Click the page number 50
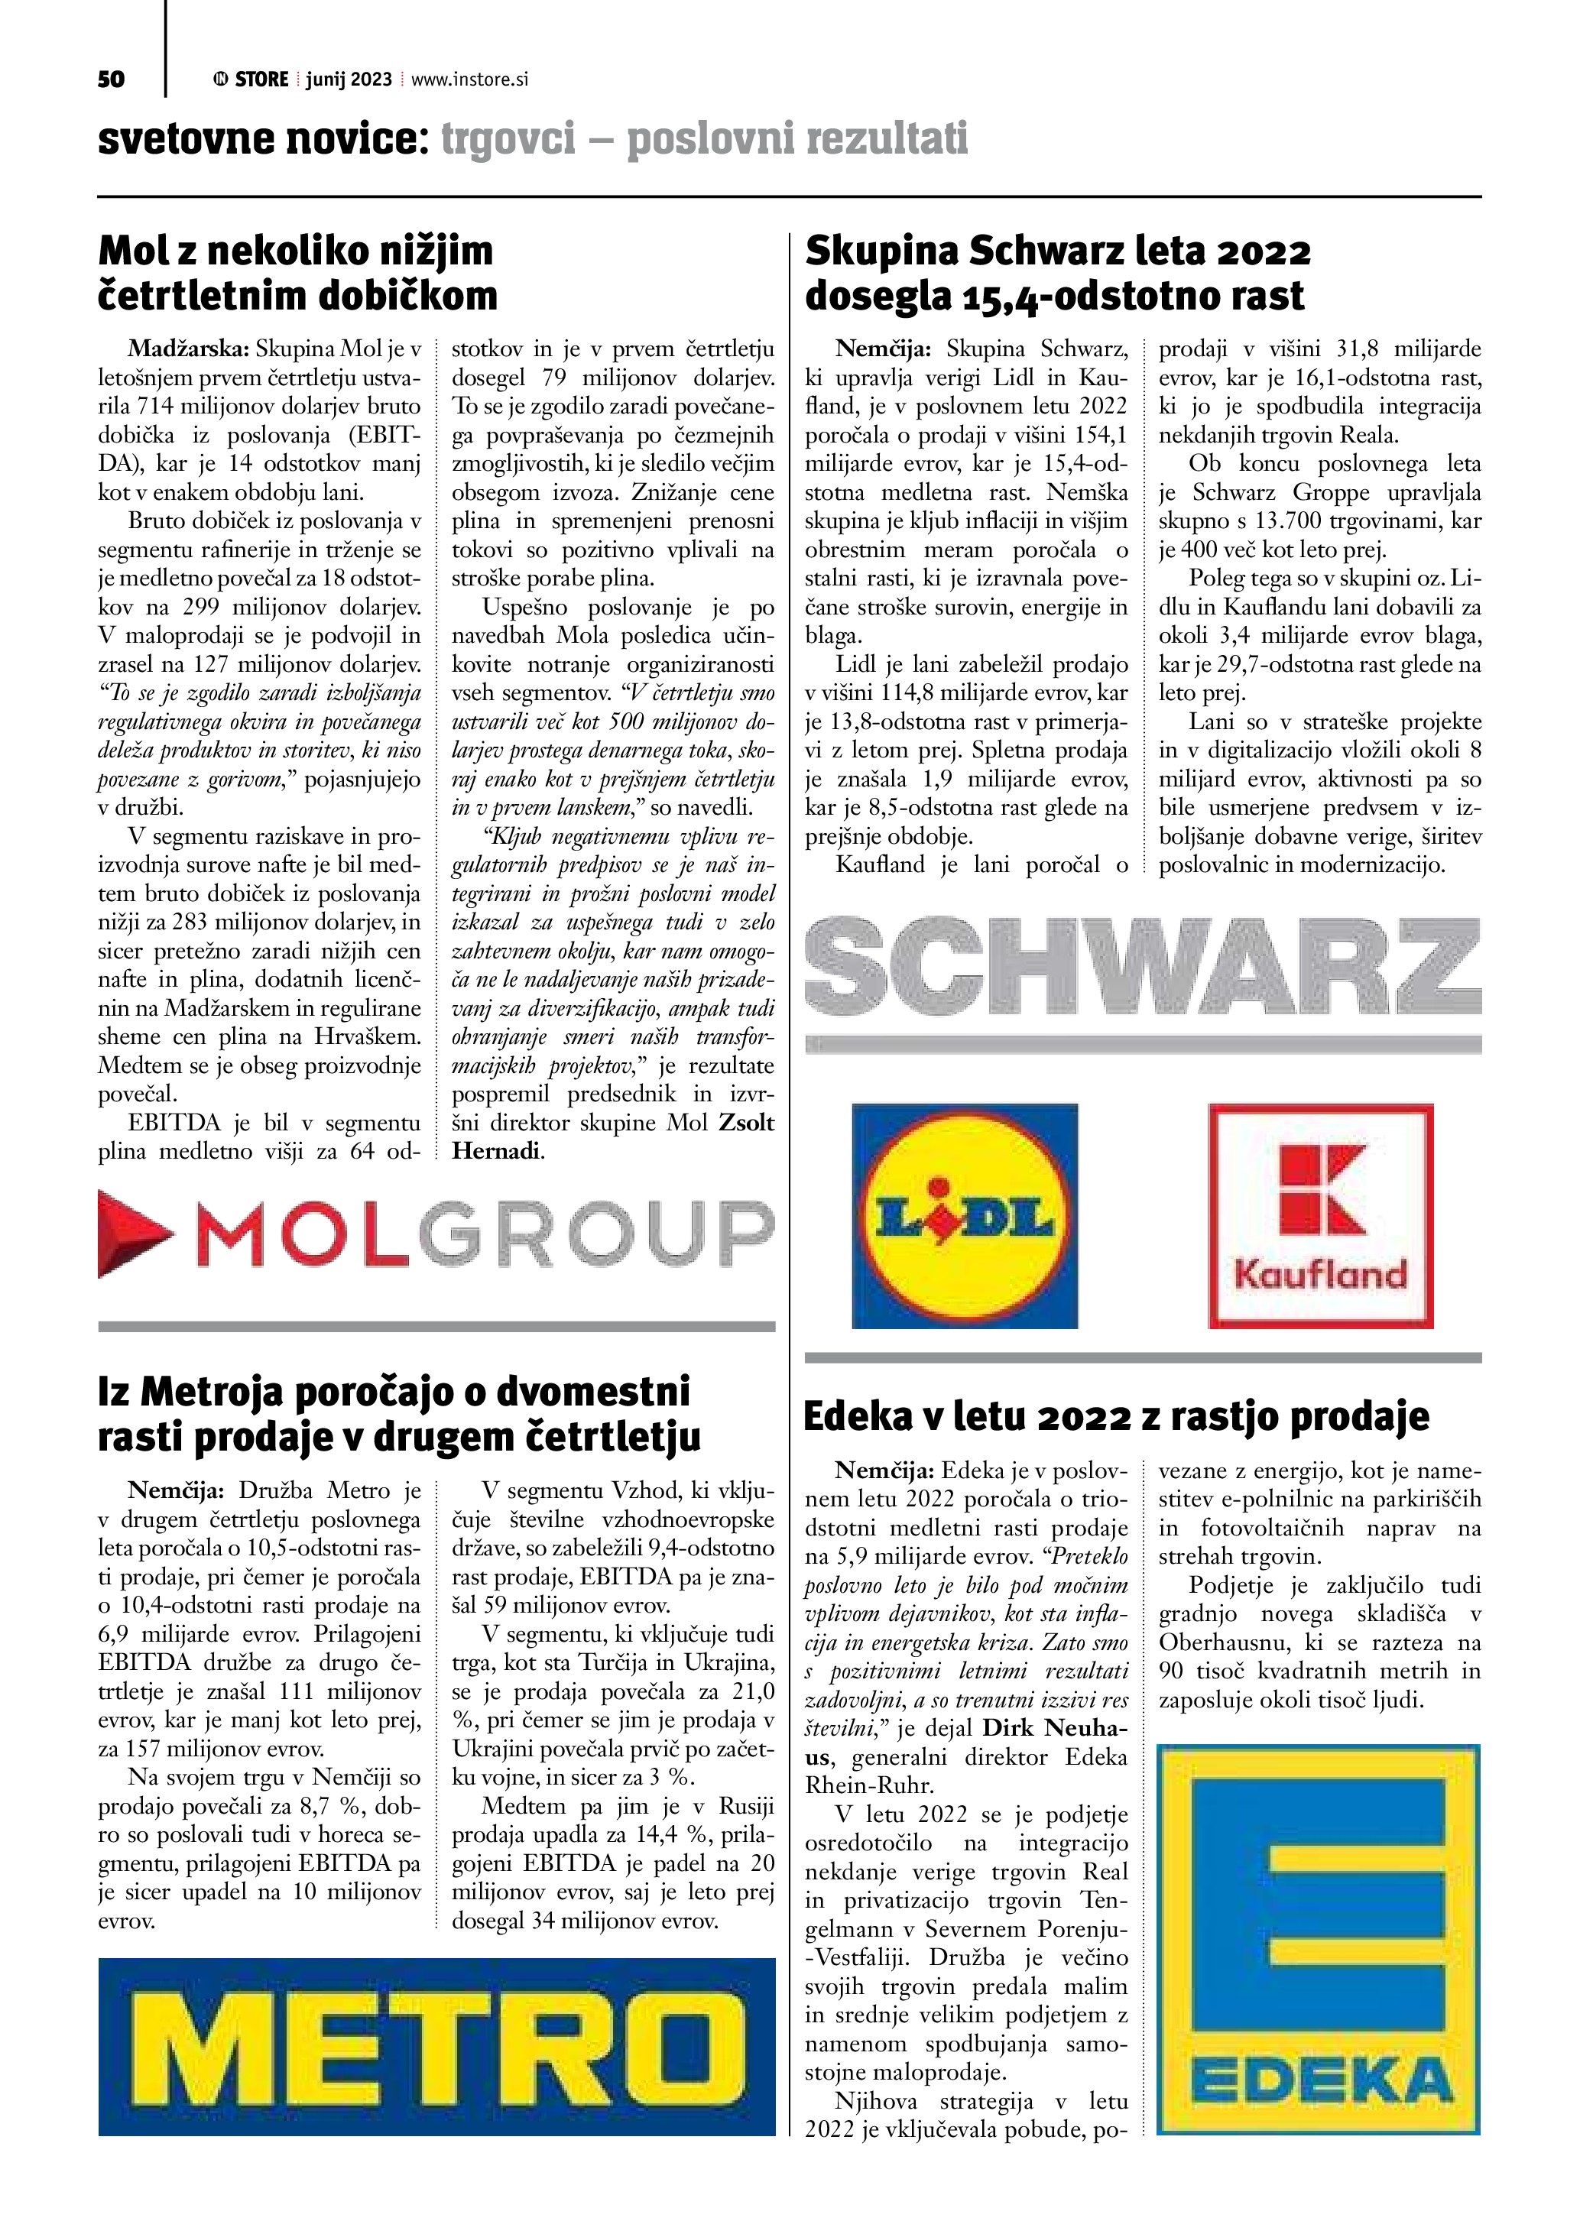pos(111,79)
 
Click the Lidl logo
pos(964,1215)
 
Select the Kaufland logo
pos(1320,1215)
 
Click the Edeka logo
pos(1319,1939)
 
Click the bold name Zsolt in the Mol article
pos(746,1123)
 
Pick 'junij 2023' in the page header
pos(349,79)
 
